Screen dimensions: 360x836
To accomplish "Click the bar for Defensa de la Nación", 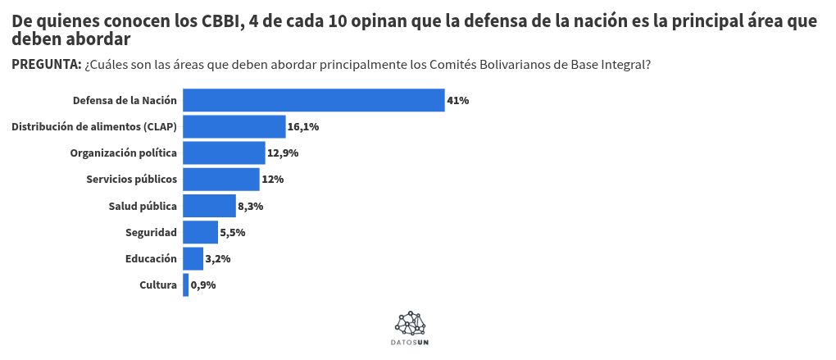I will click(x=313, y=100).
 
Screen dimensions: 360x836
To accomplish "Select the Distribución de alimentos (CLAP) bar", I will click(x=234, y=126).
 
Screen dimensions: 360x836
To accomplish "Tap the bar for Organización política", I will click(x=224, y=153).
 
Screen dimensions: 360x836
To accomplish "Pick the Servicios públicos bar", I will click(x=222, y=179).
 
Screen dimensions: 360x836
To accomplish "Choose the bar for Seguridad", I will click(x=200, y=232).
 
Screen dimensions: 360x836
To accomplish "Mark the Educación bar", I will click(x=193, y=258).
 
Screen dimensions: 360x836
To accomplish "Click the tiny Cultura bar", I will click(x=186, y=285).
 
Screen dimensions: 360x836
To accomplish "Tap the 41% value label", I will click(x=457, y=101).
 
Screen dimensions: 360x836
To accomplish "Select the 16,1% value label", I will click(x=303, y=127).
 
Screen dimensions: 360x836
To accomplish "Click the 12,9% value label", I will click(x=283, y=153).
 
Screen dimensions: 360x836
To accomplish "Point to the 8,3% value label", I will click(x=250, y=206).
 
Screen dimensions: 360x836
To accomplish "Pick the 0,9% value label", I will click(x=203, y=285).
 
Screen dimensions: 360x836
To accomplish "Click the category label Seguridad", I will click(x=151, y=232).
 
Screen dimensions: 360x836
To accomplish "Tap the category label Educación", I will click(x=151, y=258).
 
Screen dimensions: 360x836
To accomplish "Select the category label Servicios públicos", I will click(x=131, y=179).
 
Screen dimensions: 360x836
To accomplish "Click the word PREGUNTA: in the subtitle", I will click(x=46, y=65).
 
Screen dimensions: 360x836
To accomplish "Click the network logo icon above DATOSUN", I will click(x=410, y=323).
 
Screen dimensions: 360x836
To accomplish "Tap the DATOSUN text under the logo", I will click(x=410, y=341).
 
